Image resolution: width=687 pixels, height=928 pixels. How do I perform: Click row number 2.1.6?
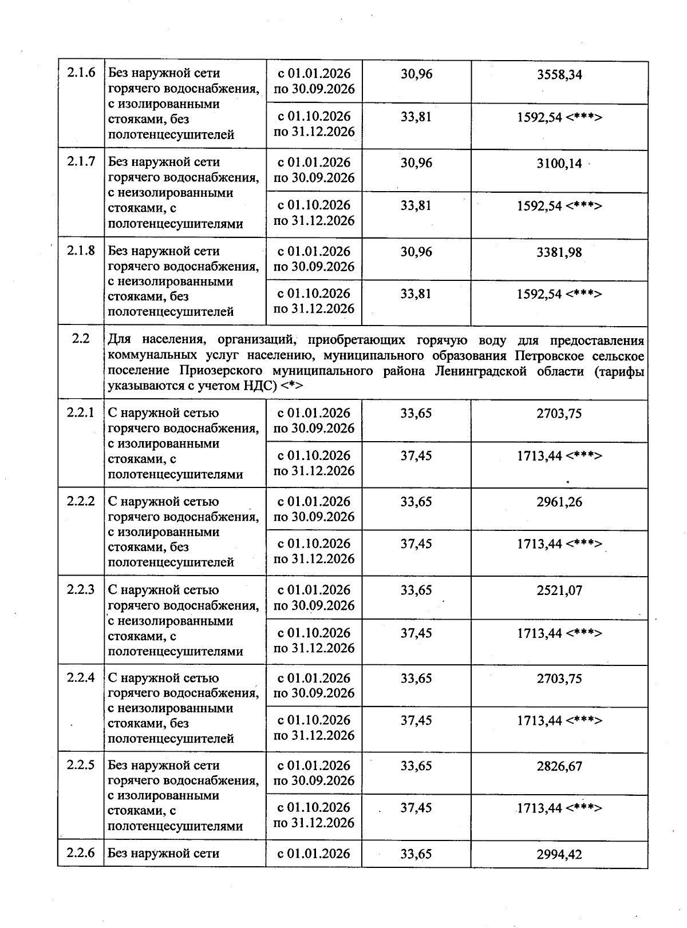tap(81, 73)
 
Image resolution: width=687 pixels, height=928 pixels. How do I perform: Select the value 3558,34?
tap(559, 75)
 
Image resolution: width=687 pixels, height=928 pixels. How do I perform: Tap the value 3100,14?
tap(559, 164)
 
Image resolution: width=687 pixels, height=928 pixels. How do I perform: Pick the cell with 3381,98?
tap(559, 252)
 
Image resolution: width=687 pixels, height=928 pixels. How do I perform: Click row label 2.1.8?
tap(81, 251)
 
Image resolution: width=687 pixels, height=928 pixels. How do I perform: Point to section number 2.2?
tap(81, 339)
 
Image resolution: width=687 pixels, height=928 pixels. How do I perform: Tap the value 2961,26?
tap(559, 502)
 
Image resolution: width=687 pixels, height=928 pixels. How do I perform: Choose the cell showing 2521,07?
tap(559, 590)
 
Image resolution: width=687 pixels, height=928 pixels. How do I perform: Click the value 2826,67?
tap(559, 766)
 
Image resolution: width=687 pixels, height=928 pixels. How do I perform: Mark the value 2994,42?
tap(559, 854)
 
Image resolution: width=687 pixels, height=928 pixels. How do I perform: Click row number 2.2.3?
tap(81, 589)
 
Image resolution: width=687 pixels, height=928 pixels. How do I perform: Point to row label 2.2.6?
tap(81, 853)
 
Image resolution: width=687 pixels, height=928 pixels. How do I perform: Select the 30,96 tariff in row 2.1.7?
tap(416, 163)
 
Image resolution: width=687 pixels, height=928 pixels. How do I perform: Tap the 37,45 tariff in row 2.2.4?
tap(416, 720)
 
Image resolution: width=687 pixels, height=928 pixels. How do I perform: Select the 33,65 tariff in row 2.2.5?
tap(416, 766)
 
